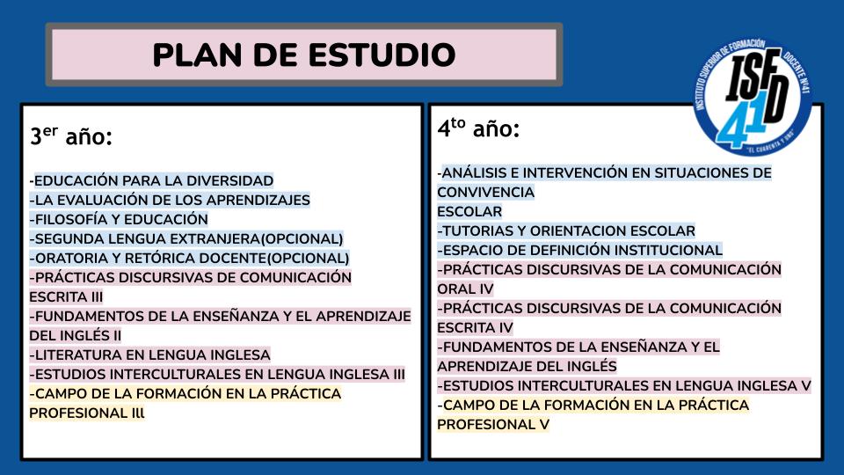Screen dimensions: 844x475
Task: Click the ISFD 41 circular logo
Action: coord(753,97)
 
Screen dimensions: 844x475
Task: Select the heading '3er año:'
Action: coord(71,135)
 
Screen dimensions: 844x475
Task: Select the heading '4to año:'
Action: coord(478,128)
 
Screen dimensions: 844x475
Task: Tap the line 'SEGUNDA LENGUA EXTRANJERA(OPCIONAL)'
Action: coord(186,238)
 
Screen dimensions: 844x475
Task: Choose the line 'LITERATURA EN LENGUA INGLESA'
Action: coord(150,354)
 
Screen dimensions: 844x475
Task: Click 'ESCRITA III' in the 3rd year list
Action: coord(66,296)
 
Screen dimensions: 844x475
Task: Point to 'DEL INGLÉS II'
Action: coord(75,335)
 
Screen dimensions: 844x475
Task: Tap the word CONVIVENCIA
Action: coord(485,193)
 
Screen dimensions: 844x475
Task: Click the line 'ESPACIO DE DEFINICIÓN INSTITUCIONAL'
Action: coord(579,251)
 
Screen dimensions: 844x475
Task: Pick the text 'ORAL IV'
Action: coord(465,289)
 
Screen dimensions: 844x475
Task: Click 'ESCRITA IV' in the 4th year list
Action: coord(475,328)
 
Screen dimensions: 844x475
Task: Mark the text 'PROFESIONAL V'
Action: coord(493,425)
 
